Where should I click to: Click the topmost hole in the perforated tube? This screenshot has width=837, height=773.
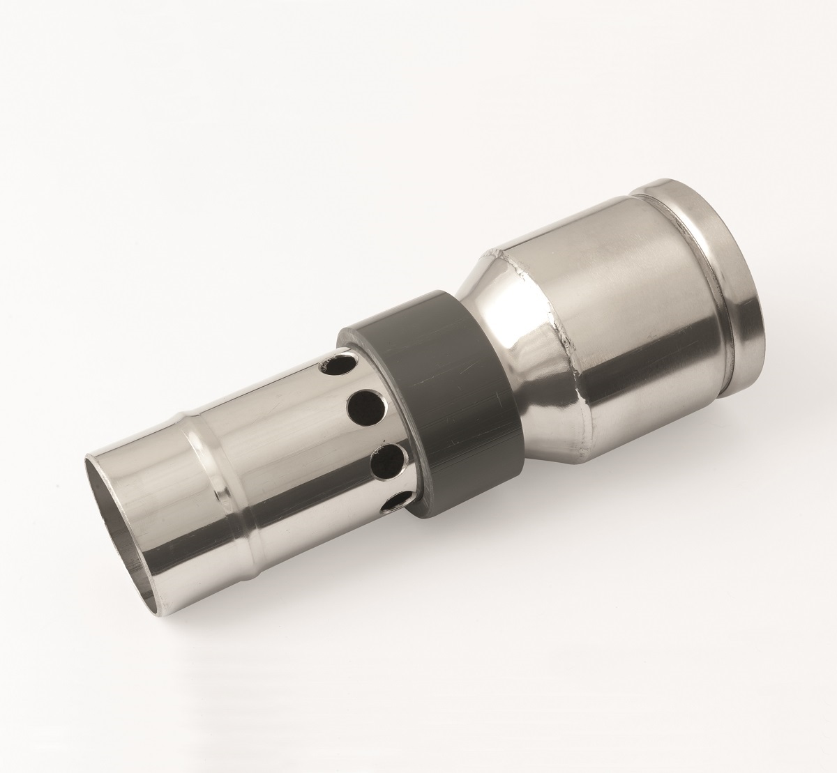(336, 365)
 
